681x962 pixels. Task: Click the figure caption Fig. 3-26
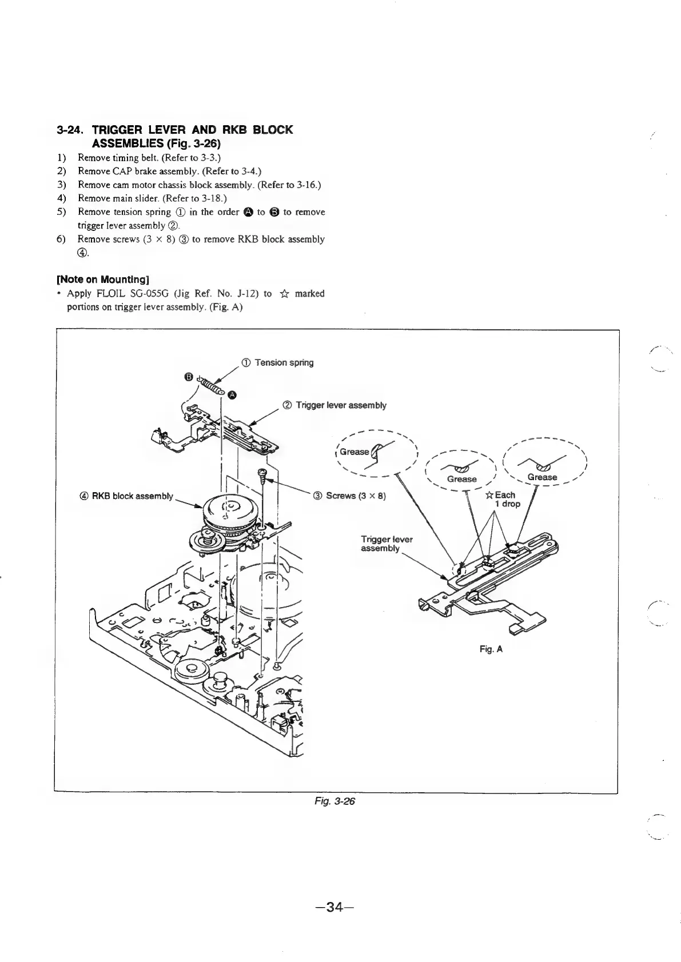pyautogui.click(x=340, y=801)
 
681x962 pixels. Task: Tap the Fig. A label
pyautogui.click(x=491, y=649)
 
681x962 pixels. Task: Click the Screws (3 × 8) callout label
pyautogui.click(x=351, y=495)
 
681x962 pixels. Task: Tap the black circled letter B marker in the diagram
pyautogui.click(x=188, y=376)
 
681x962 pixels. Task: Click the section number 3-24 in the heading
pyautogui.click(x=71, y=130)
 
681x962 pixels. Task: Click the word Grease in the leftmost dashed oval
pyautogui.click(x=355, y=452)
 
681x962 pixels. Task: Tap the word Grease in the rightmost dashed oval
pyautogui.click(x=542, y=477)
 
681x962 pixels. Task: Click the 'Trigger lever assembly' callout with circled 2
pyautogui.click(x=335, y=405)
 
